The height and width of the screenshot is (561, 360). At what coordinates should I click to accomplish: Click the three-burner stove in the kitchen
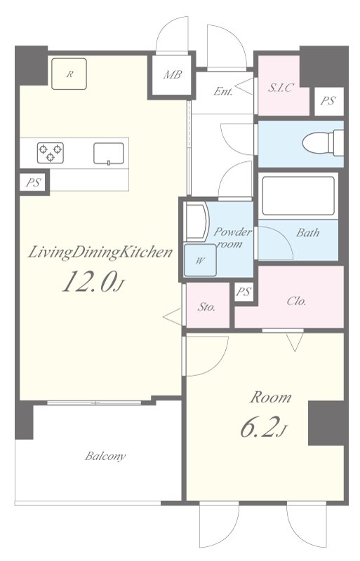point(50,153)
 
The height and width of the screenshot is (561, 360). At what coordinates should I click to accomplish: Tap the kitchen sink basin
point(109,154)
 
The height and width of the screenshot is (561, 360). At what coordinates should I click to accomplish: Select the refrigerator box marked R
point(69,74)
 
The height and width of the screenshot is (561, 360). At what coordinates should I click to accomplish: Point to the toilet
point(323,143)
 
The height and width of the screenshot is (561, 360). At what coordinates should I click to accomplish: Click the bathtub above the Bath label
point(298,196)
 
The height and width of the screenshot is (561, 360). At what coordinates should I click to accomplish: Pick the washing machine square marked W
point(200,260)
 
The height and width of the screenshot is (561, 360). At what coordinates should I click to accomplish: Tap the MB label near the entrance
point(173,75)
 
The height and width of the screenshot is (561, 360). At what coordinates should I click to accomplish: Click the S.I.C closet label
point(281,87)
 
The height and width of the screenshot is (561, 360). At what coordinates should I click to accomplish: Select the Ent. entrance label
point(222,92)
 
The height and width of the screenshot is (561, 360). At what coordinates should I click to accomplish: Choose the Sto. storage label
point(207,306)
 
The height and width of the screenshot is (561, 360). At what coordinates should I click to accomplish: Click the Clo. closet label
point(297,302)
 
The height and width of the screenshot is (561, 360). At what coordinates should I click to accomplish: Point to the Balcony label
point(105,457)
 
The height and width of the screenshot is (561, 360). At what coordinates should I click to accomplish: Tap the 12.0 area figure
point(93,281)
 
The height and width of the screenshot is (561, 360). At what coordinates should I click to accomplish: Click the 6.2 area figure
point(263,428)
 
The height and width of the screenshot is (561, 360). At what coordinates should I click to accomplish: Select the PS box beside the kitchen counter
point(33,183)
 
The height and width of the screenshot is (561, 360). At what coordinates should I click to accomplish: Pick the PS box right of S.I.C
point(328,101)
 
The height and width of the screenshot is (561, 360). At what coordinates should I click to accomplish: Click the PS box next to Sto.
point(244,292)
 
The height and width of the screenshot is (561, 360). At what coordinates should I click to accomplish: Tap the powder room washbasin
point(196,222)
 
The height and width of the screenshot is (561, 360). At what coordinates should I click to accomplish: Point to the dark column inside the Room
point(328,424)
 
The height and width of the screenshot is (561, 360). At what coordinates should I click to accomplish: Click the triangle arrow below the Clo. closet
point(295,342)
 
